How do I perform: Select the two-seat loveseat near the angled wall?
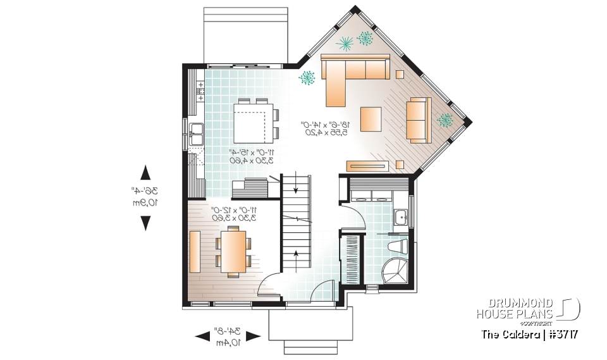coord(417,118)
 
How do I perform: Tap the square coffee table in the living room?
coord(371,118)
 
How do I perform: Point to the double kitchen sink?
coord(196,133)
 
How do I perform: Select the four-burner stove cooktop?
coord(200,90)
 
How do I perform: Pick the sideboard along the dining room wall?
coord(195,252)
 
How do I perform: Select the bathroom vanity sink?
coord(400,218)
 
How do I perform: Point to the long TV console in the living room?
coord(366,166)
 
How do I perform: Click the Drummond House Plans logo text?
coord(515,308)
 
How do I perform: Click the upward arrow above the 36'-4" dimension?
coord(145,173)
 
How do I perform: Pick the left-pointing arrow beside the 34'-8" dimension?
coord(202,336)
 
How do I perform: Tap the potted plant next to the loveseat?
coord(446,120)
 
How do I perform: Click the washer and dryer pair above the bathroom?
coord(371,195)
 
